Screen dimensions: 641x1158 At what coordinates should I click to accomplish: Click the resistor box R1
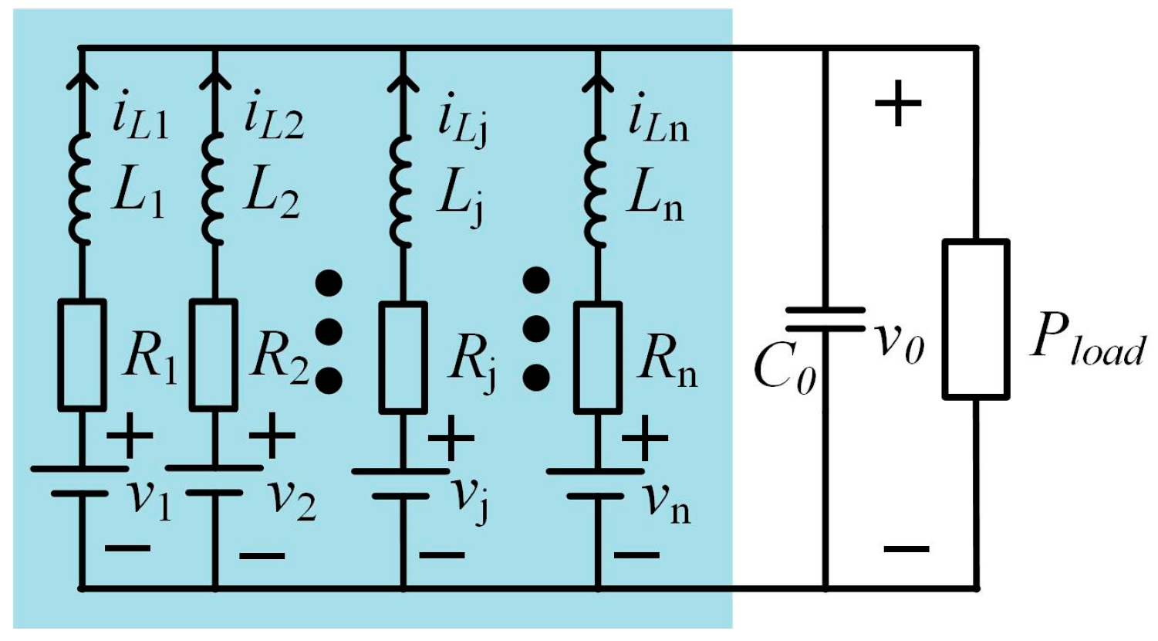tap(82, 354)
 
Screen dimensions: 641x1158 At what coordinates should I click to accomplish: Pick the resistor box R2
tap(214, 354)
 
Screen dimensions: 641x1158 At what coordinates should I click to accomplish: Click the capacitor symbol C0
tap(825, 319)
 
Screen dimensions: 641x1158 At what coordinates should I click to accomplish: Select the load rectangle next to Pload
tap(976, 319)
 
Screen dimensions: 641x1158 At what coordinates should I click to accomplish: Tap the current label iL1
tap(139, 120)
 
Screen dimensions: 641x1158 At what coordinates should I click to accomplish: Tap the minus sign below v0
tap(906, 549)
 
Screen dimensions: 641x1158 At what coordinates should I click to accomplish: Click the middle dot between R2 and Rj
tap(329, 331)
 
